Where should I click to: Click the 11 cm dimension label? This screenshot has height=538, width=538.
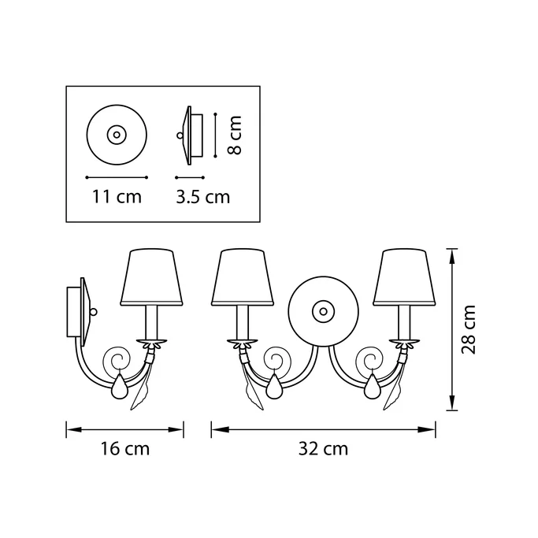(x=117, y=197)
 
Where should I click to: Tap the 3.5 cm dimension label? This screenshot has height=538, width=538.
(x=202, y=197)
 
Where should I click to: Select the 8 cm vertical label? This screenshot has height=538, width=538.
(x=235, y=135)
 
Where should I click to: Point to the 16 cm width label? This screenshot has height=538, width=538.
(x=125, y=449)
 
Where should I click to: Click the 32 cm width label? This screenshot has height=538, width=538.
(x=323, y=449)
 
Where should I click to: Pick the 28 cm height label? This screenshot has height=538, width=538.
(x=469, y=329)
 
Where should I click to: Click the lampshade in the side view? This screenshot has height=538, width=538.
(x=151, y=277)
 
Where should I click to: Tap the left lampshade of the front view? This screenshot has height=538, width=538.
(x=243, y=277)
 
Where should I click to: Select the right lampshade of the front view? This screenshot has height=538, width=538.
(x=404, y=277)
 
